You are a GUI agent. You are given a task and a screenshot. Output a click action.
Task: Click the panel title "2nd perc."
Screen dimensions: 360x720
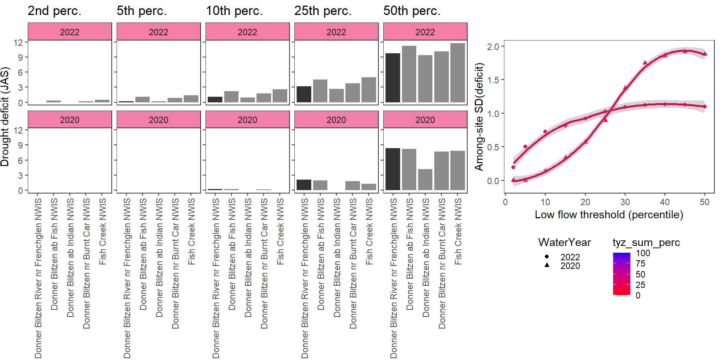[54, 11]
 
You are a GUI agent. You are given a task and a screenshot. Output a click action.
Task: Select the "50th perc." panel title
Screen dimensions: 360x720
[412, 11]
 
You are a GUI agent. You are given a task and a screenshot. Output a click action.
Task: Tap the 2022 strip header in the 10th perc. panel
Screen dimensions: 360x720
[247, 32]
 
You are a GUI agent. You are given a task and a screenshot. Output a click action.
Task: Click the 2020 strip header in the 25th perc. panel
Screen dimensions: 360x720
[336, 120]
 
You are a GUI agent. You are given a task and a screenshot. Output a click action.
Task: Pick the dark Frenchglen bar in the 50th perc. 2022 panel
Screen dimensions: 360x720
[393, 78]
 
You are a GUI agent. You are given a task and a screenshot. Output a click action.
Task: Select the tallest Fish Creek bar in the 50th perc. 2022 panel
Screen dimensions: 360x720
[457, 73]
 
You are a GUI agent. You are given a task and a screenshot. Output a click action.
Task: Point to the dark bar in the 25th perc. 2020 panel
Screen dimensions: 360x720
[304, 184]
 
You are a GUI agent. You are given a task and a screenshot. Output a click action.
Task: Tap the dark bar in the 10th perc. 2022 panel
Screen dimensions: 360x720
[215, 99]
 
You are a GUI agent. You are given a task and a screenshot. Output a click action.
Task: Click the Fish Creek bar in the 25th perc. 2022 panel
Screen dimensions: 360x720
[369, 90]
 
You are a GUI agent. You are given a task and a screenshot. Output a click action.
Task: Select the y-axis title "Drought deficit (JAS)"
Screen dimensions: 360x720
[5, 117]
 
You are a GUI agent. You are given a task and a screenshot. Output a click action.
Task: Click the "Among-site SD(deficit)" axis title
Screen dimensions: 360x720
[479, 117]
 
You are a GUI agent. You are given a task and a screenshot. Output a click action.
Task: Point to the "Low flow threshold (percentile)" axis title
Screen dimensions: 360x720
[609, 214]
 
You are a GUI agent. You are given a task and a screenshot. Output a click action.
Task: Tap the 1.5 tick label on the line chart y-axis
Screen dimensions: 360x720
[493, 80]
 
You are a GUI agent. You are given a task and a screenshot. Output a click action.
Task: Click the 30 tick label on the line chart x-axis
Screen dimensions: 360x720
[625, 202]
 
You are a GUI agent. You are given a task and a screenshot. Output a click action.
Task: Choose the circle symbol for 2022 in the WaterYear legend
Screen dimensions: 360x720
[547, 257]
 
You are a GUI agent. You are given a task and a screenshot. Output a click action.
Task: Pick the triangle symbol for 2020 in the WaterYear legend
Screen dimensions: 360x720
[547, 265]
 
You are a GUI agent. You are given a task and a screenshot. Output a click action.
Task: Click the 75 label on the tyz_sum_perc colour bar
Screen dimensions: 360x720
[640, 264]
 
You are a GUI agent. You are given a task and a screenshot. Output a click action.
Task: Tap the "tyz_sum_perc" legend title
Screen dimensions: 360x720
[646, 242]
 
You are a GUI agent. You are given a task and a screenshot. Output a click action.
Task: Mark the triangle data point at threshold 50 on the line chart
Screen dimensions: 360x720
[705, 54]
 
